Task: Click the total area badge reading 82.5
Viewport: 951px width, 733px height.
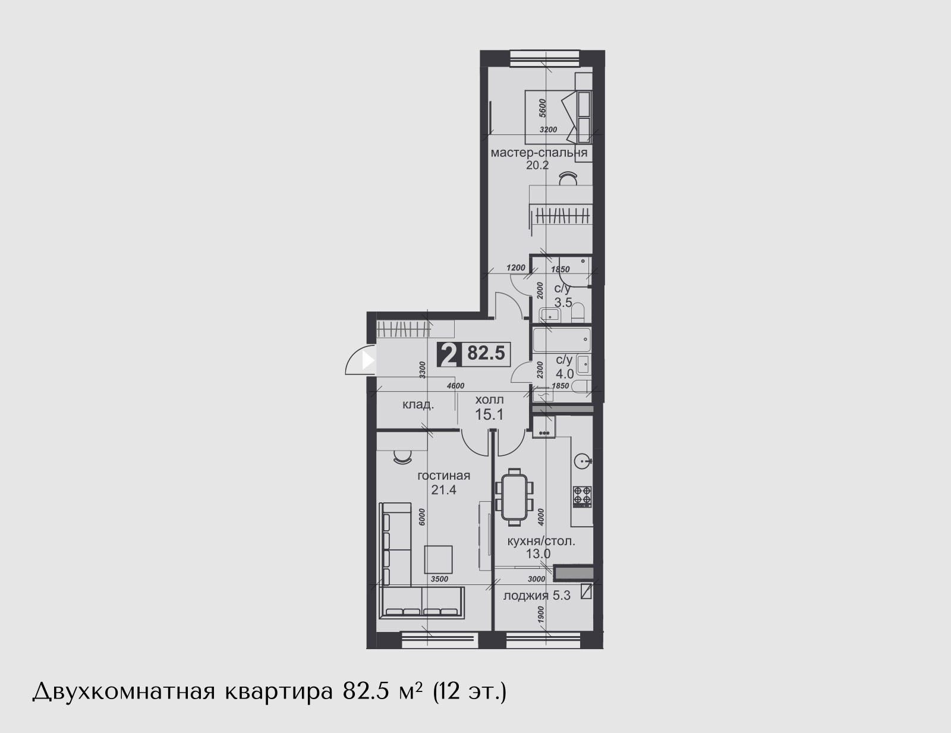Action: tap(486, 353)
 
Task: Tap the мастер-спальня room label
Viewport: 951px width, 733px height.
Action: tap(539, 153)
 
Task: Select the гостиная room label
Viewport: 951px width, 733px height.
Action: tap(444, 476)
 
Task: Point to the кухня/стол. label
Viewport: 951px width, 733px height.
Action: tap(541, 542)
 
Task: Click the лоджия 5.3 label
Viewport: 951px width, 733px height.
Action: tap(537, 596)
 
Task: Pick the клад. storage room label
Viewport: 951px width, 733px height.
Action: tap(418, 405)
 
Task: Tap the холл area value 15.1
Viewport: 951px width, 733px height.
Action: tap(490, 414)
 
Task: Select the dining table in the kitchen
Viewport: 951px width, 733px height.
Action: tap(514, 497)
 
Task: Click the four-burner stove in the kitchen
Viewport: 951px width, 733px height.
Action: tap(582, 497)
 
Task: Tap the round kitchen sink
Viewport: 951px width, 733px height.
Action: tap(582, 461)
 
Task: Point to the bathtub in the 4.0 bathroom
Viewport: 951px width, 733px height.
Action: tap(562, 340)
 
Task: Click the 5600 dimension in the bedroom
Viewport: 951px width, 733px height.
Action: tap(543, 108)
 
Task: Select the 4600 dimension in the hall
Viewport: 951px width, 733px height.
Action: tap(455, 386)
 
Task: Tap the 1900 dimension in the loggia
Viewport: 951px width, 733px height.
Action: tap(541, 615)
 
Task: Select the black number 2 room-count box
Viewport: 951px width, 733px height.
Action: tap(449, 354)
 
